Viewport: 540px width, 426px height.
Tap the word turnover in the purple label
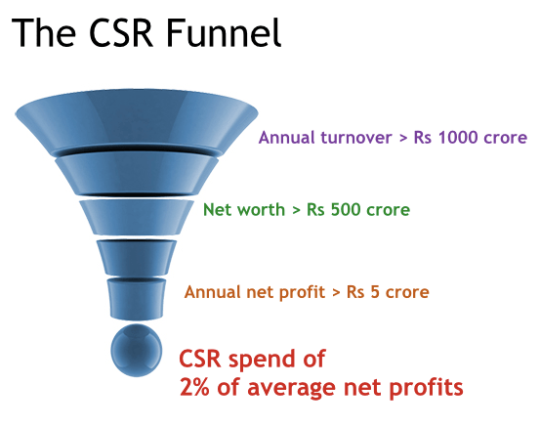tap(352, 137)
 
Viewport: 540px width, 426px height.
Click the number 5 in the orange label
tap(380, 291)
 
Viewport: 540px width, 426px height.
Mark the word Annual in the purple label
tap(285, 137)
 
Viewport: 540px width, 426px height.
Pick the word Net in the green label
tap(218, 209)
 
